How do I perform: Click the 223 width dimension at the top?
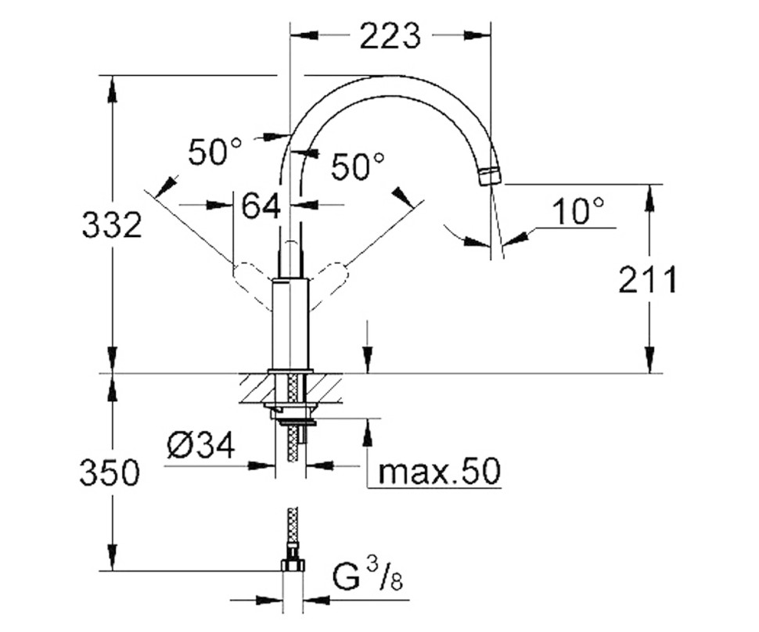tap(390, 35)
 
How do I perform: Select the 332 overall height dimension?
tap(112, 225)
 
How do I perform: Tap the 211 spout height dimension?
tap(647, 279)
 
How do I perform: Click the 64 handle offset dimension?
tap(261, 206)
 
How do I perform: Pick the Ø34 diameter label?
tap(200, 447)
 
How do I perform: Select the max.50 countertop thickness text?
tap(437, 472)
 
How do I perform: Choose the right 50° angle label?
tap(358, 167)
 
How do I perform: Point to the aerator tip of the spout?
tap(488, 175)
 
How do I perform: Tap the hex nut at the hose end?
tap(293, 566)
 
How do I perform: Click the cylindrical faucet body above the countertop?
tap(291, 325)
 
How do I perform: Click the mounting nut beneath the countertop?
tap(293, 413)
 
